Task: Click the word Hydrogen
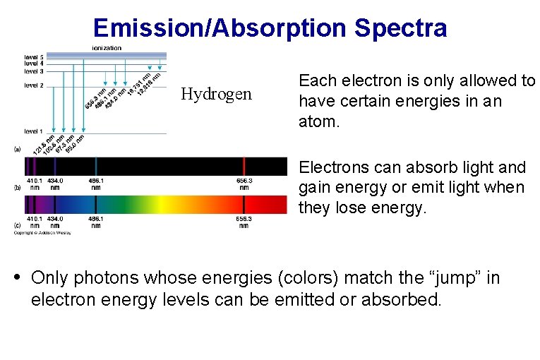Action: (x=216, y=95)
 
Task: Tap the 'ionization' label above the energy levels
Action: (x=107, y=48)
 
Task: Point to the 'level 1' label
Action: (x=34, y=131)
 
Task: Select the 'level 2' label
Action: (x=34, y=85)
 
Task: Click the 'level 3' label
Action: (x=34, y=71)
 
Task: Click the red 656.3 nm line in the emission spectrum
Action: (x=244, y=167)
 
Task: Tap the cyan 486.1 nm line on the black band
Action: (x=96, y=167)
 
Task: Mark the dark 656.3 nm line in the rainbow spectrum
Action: (x=244, y=204)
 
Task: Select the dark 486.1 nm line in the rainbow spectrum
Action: (x=96, y=204)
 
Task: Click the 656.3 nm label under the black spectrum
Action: (x=244, y=184)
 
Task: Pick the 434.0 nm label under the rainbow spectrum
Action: (x=55, y=222)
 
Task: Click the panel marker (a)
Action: (x=18, y=150)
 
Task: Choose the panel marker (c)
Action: (x=18, y=225)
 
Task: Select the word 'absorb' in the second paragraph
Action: (x=417, y=168)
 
